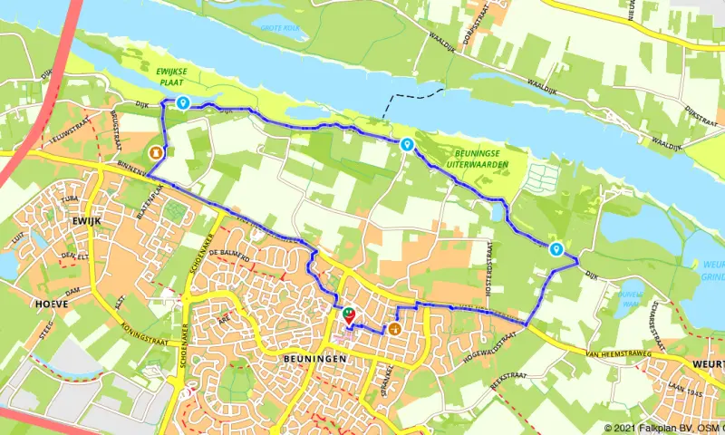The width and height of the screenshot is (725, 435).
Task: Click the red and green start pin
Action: [348, 315]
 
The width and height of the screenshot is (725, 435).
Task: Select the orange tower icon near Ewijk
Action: [158, 152]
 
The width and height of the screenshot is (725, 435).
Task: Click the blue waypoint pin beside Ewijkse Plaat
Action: [183, 103]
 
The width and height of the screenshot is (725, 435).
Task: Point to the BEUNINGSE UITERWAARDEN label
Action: [477, 159]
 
